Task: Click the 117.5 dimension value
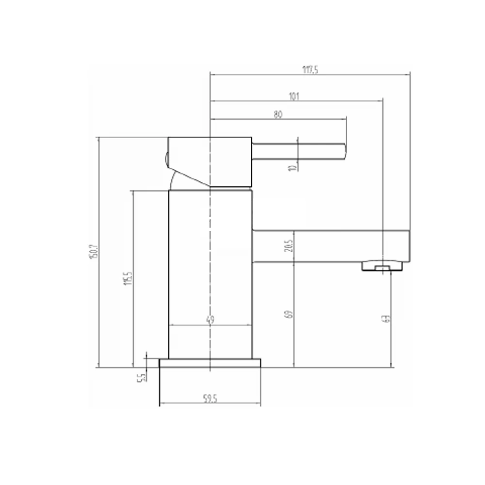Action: click(309, 69)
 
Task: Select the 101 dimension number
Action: click(294, 96)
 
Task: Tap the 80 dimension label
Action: click(278, 115)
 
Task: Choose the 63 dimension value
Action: click(387, 319)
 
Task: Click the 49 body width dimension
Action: click(210, 320)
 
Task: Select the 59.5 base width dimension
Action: click(210, 400)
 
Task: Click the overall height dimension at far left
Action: click(94, 252)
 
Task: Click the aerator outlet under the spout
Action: click(383, 266)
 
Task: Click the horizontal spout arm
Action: click(330, 246)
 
